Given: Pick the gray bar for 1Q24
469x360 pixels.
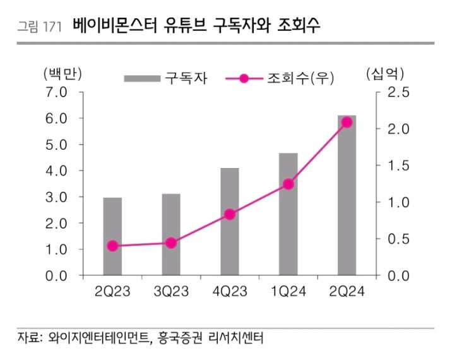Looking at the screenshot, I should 288,215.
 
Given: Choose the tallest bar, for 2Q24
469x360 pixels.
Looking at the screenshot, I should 347,196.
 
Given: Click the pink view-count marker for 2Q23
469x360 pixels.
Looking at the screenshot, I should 112,246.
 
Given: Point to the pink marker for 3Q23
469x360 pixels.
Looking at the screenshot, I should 170,243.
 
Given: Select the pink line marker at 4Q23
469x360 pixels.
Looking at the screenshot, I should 230,214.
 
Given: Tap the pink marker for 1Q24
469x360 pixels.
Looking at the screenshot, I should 288,184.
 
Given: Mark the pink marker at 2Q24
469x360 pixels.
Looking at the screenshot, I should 347,123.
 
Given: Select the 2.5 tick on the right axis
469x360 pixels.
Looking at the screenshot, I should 397,93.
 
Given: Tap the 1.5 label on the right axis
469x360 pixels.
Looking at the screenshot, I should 397,165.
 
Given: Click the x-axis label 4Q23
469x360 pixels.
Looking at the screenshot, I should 230,292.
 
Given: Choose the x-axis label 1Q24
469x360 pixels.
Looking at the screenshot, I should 288,292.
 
